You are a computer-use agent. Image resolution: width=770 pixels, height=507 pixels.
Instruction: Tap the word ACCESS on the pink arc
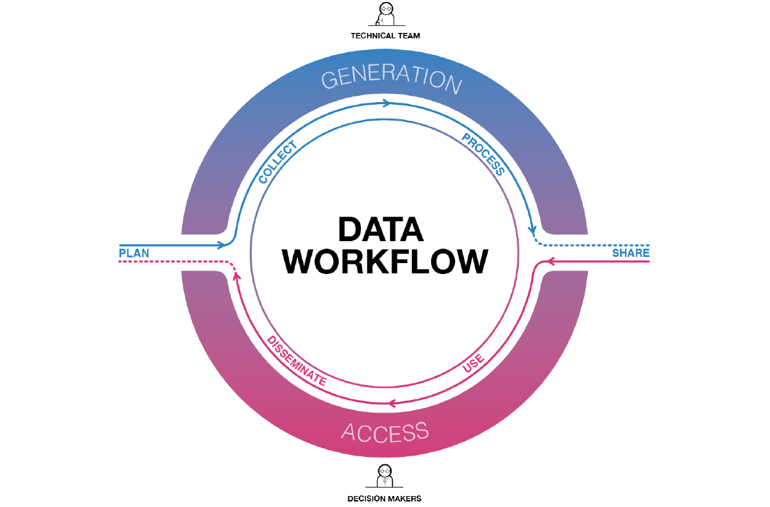point(385,432)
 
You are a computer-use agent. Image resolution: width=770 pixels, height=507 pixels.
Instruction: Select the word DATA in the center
point(381,230)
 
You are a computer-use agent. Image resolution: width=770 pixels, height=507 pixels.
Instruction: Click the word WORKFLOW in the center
point(386,262)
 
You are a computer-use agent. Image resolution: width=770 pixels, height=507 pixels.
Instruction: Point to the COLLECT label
point(277,162)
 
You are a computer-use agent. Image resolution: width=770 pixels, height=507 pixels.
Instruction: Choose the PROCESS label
point(484,154)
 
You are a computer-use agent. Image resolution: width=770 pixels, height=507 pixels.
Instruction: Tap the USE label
point(473,363)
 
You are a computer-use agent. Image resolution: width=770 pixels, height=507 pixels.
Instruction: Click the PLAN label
point(134,253)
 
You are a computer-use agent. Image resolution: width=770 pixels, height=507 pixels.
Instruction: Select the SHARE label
point(630,253)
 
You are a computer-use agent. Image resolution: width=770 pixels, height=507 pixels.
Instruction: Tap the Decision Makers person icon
point(385,475)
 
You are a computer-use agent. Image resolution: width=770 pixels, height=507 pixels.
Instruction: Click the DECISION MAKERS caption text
point(385,498)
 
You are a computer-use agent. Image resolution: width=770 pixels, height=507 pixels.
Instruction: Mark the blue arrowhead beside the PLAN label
point(221,245)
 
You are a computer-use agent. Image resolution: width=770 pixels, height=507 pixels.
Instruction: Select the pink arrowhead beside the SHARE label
point(549,260)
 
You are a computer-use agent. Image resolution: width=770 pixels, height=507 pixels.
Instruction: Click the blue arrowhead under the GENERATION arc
point(387,103)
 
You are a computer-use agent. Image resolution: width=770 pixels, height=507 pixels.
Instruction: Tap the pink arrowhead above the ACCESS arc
point(392,404)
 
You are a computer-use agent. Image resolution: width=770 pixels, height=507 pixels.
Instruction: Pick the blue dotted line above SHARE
point(595,245)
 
